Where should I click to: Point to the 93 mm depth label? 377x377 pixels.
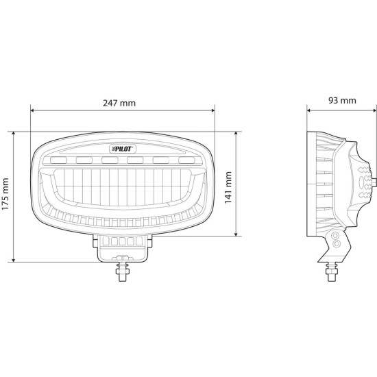341,101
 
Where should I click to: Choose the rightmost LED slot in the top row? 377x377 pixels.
186,160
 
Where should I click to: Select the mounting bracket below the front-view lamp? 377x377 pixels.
123,245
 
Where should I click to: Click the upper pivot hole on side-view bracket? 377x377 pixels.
336,235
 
